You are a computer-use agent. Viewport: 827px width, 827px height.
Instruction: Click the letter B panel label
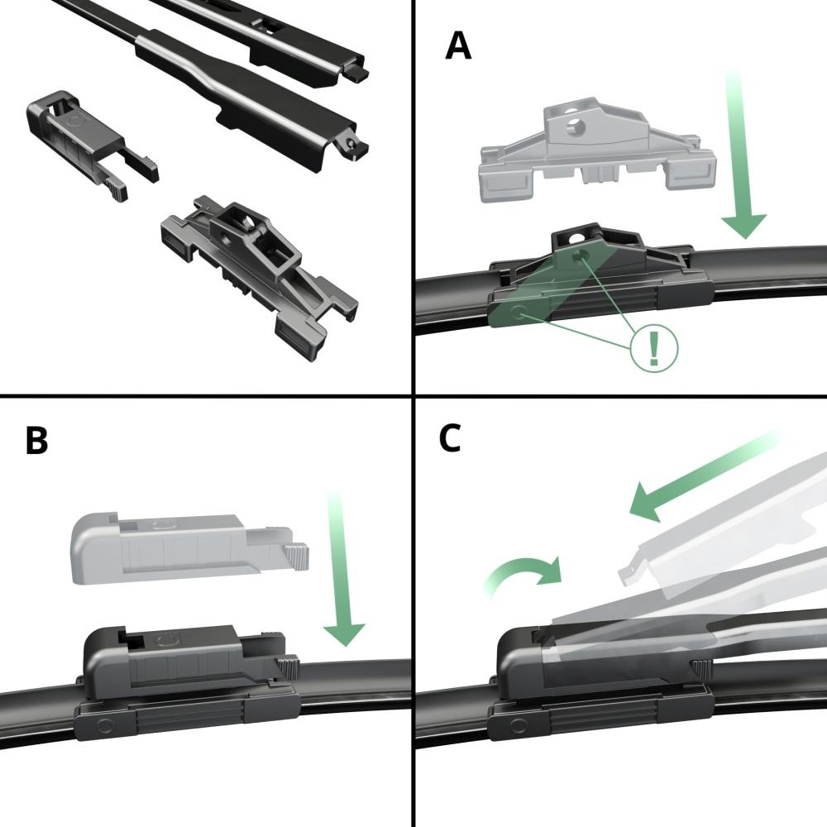point(36,440)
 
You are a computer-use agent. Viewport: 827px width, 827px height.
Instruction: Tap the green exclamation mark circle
point(654,347)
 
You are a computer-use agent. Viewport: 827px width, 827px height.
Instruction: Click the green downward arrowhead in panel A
point(743,226)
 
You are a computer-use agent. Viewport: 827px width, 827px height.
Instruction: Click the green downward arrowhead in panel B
point(344,634)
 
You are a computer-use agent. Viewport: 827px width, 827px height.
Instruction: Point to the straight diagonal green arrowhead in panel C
point(648,502)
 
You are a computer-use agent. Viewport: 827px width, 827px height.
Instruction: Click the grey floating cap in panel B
point(188,549)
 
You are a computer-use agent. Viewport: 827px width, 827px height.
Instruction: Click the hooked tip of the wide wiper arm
point(355,148)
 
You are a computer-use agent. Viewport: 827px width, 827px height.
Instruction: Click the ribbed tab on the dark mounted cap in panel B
point(288,671)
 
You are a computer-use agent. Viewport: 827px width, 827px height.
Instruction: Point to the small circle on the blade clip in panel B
point(103,724)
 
